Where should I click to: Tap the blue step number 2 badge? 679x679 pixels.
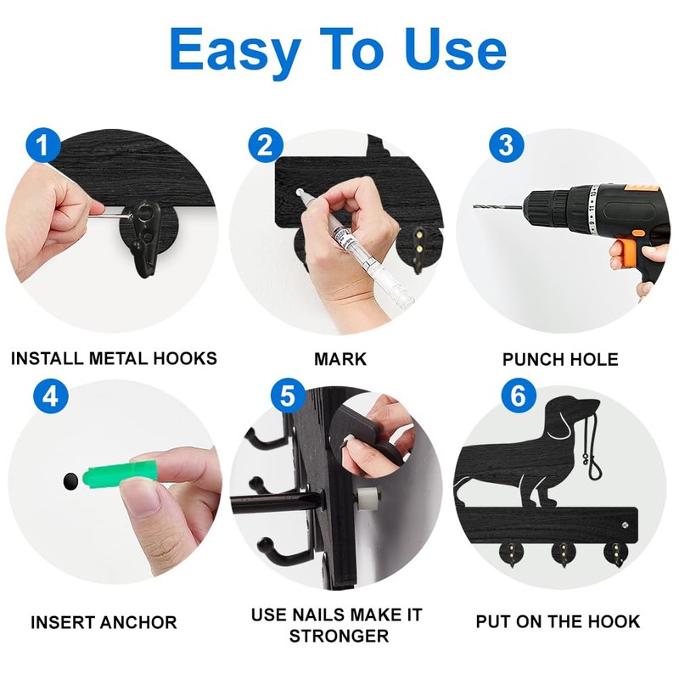click(x=266, y=145)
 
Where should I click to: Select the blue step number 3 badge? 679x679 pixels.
click(x=506, y=145)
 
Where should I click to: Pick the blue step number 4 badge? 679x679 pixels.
click(x=51, y=397)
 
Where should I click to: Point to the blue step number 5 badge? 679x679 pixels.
click(x=289, y=396)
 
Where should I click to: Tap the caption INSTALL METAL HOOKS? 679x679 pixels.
click(x=114, y=358)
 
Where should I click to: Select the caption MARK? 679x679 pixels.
click(x=340, y=358)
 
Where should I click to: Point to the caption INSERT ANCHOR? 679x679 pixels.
click(x=104, y=622)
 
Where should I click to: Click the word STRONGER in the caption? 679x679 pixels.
click(x=337, y=635)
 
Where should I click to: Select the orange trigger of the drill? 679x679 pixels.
click(x=623, y=253)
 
